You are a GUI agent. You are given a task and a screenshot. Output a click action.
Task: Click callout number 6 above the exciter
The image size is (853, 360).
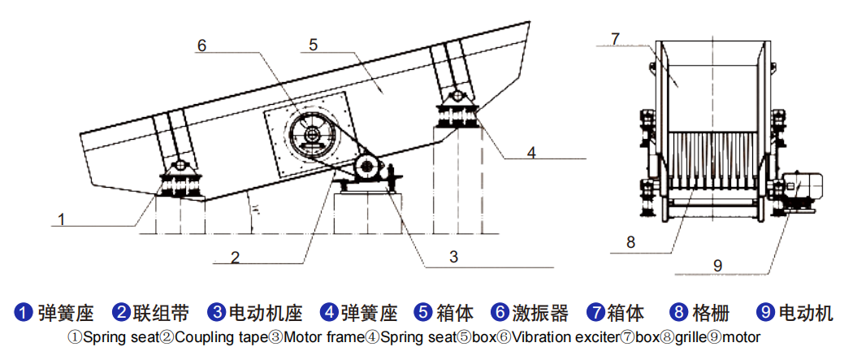pyautogui.click(x=201, y=46)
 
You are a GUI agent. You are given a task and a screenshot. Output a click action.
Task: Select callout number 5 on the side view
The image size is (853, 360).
pyautogui.click(x=313, y=45)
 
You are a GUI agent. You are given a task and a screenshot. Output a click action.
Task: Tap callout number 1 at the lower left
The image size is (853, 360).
pyautogui.click(x=62, y=219)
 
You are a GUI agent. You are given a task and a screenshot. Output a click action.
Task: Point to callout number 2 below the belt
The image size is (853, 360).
pyautogui.click(x=235, y=258)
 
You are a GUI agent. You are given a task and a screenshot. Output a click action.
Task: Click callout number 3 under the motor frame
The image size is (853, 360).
pyautogui.click(x=453, y=257)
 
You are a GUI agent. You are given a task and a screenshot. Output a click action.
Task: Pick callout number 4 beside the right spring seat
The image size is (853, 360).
pyautogui.click(x=531, y=152)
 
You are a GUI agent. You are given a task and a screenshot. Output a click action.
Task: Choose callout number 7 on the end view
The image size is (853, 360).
pyautogui.click(x=615, y=40)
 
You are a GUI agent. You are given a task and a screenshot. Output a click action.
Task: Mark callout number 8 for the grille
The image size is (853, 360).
pyautogui.click(x=630, y=242)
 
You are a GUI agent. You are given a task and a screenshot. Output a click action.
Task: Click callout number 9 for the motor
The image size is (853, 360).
pyautogui.click(x=717, y=266)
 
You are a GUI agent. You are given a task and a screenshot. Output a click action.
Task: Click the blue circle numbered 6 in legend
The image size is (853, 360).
pyautogui.click(x=499, y=313)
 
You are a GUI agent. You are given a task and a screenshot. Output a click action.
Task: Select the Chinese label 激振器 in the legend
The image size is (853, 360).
pyautogui.click(x=539, y=313)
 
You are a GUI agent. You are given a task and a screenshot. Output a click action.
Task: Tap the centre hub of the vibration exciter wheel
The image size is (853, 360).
pyautogui.click(x=312, y=134)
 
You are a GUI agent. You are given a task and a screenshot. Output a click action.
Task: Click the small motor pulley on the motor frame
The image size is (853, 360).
pyautogui.click(x=366, y=167)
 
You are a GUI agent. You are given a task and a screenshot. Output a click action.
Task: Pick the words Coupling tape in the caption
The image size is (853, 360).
pyautogui.click(x=222, y=338)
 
